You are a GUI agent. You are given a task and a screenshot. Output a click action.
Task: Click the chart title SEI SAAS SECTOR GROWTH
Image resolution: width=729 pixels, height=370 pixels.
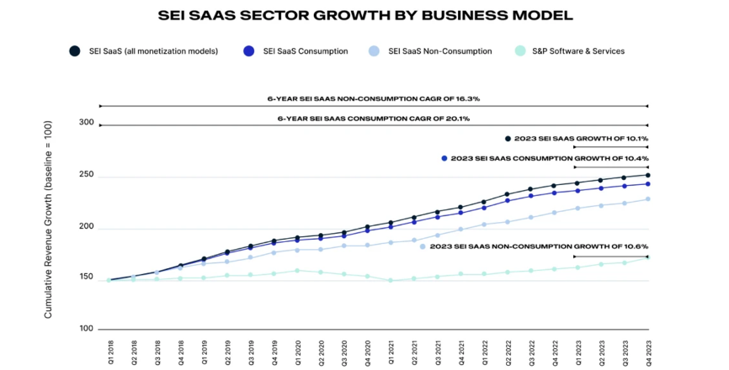pyautogui.click(x=364, y=15)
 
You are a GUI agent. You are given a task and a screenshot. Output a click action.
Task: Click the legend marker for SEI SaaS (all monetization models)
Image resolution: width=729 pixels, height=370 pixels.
pyautogui.click(x=75, y=51)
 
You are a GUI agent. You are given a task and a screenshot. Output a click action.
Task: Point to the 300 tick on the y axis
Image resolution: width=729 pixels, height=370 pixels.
pyautogui.click(x=87, y=123)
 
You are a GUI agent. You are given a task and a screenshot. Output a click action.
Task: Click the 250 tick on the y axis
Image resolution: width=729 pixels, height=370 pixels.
pyautogui.click(x=87, y=175)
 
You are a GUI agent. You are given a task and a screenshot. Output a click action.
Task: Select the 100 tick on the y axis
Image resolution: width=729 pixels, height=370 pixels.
pyautogui.click(x=87, y=329)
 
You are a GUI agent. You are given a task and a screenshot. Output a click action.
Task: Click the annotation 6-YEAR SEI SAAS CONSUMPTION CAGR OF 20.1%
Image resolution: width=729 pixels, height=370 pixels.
pyautogui.click(x=374, y=119)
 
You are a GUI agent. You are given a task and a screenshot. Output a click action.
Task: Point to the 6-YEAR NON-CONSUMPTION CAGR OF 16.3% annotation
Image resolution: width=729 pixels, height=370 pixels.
pyautogui.click(x=374, y=98)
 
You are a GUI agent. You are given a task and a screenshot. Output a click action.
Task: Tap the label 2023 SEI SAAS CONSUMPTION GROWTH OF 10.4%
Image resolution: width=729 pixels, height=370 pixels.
pyautogui.click(x=550, y=158)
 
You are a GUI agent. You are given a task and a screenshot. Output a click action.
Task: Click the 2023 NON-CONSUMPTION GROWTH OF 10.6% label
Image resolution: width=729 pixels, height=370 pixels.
pyautogui.click(x=539, y=246)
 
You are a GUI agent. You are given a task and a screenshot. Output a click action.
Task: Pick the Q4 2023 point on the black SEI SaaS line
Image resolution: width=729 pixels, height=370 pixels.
pyautogui.click(x=647, y=176)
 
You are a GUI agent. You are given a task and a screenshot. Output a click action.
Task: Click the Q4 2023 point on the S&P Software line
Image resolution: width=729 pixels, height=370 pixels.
pyautogui.click(x=647, y=257)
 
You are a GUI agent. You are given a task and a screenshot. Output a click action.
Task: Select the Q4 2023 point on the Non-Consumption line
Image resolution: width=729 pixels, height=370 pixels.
pyautogui.click(x=647, y=199)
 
